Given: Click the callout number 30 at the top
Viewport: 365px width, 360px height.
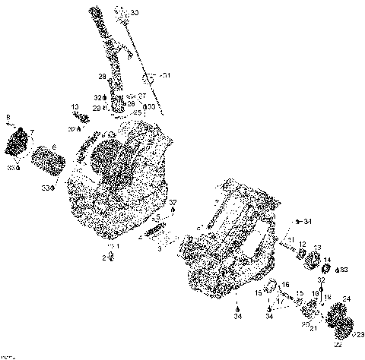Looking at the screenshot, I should [135, 13].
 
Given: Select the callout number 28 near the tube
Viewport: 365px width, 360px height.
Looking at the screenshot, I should [101, 76].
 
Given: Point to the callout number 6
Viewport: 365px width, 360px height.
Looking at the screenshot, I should [53, 148].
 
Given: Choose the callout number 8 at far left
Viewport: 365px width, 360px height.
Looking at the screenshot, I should [8, 117].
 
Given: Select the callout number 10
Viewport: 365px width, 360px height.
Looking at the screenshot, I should [75, 107].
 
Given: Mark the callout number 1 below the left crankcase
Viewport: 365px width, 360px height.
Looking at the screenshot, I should [116, 248].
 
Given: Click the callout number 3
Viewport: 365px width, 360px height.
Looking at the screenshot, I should [159, 248].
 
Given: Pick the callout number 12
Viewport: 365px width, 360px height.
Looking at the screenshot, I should [302, 244].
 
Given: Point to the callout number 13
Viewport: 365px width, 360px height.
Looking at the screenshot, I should [317, 248].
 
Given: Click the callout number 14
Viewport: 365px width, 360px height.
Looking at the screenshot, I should [327, 261].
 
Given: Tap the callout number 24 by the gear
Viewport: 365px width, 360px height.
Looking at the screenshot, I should [347, 298].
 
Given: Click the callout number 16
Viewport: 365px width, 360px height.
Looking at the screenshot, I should [285, 285].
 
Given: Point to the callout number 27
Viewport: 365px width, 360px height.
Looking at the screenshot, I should [142, 96].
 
